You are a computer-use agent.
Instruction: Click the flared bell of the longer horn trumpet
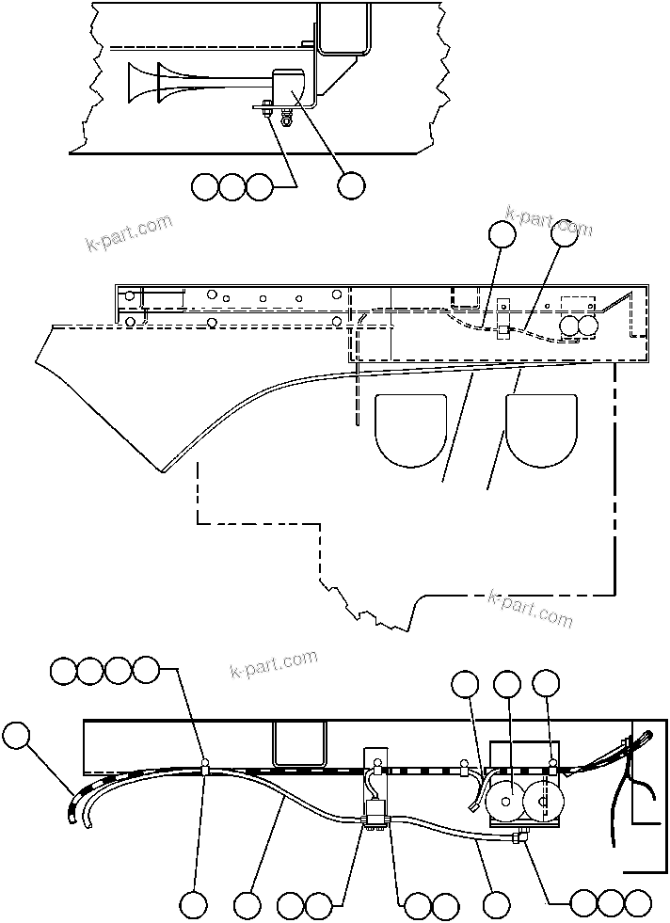(135, 82)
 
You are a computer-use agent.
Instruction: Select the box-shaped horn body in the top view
(293, 88)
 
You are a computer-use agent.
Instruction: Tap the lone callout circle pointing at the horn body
(351, 186)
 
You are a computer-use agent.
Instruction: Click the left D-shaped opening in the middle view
(410, 429)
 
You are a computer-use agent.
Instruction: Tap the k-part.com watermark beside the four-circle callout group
(274, 663)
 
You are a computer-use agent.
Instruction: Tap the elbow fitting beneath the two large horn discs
(518, 835)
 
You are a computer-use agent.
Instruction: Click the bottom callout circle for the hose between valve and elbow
(496, 905)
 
